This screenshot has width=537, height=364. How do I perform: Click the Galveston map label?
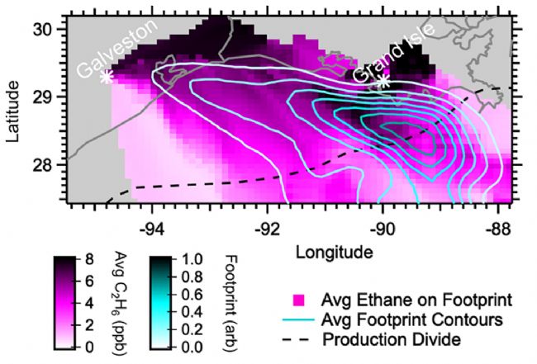point(116,51)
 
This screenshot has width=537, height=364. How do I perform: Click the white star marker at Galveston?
point(107,76)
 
